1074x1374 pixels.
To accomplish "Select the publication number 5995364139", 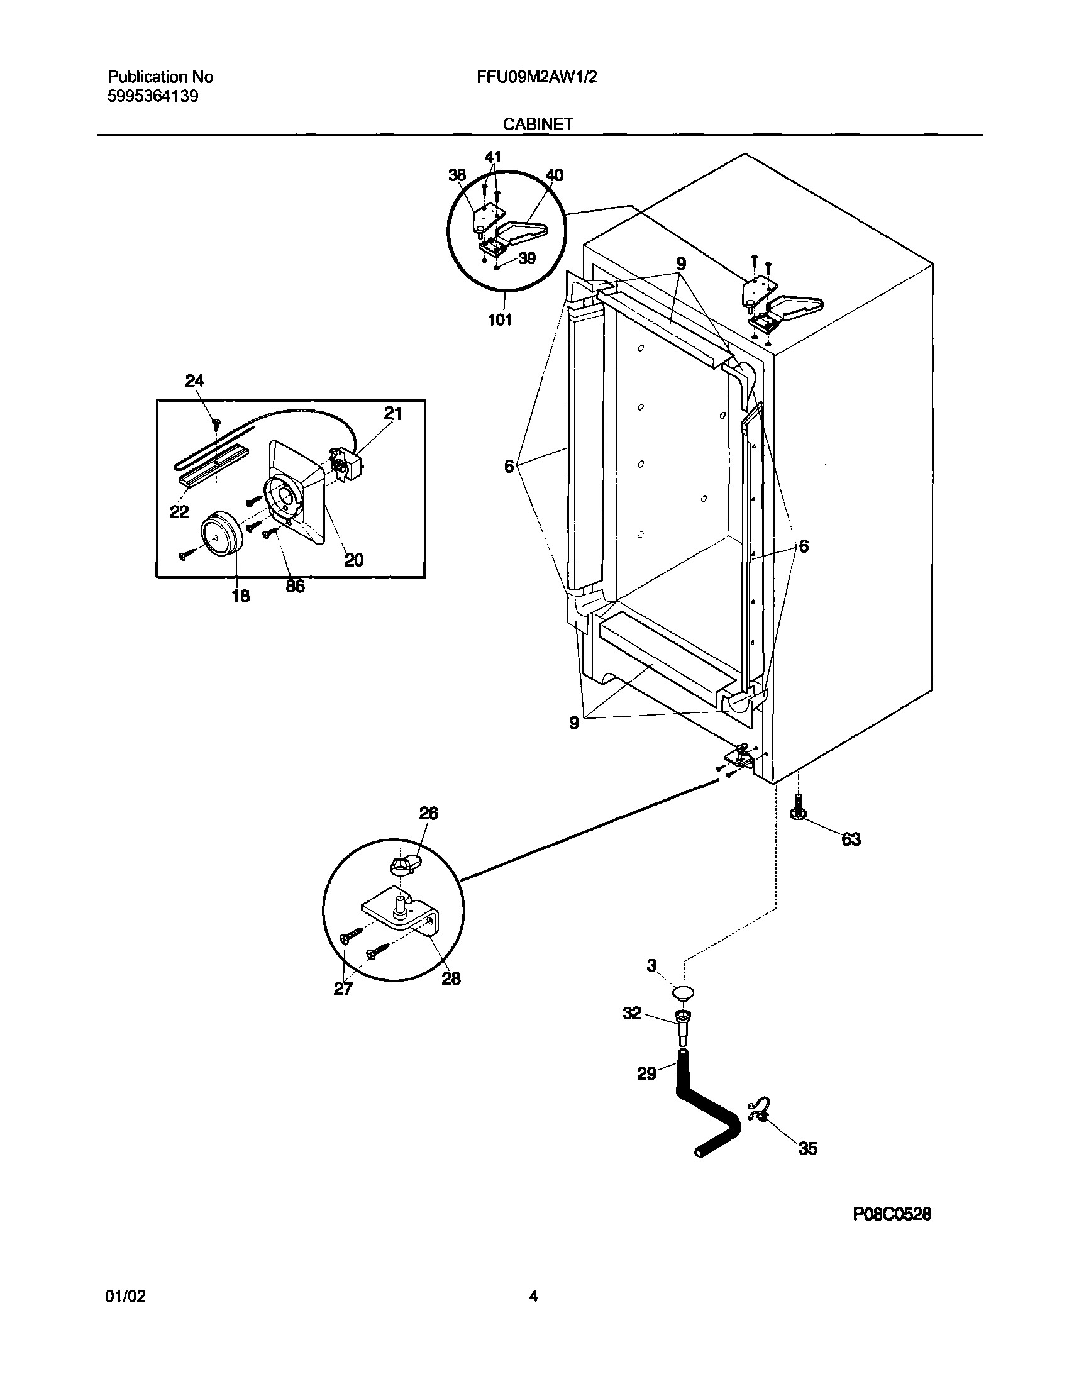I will pos(153,97).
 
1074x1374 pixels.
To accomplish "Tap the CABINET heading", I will pos(538,124).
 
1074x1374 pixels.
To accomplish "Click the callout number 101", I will pos(499,320).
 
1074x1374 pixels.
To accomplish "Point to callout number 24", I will pos(194,380).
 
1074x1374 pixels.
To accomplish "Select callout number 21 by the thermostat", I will pos(392,413).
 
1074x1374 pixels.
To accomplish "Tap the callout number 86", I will pos(294,585).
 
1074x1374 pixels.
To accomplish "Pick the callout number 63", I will pos(851,839).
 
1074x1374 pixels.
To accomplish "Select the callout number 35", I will pos(807,1149).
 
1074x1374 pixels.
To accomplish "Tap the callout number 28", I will pos(450,978).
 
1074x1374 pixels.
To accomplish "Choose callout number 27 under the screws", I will pos(343,989).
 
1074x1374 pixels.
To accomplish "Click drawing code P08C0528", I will pos(892,1232).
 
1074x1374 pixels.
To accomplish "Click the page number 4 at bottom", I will pos(533,1296).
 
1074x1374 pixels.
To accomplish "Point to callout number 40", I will pos(554,175).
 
